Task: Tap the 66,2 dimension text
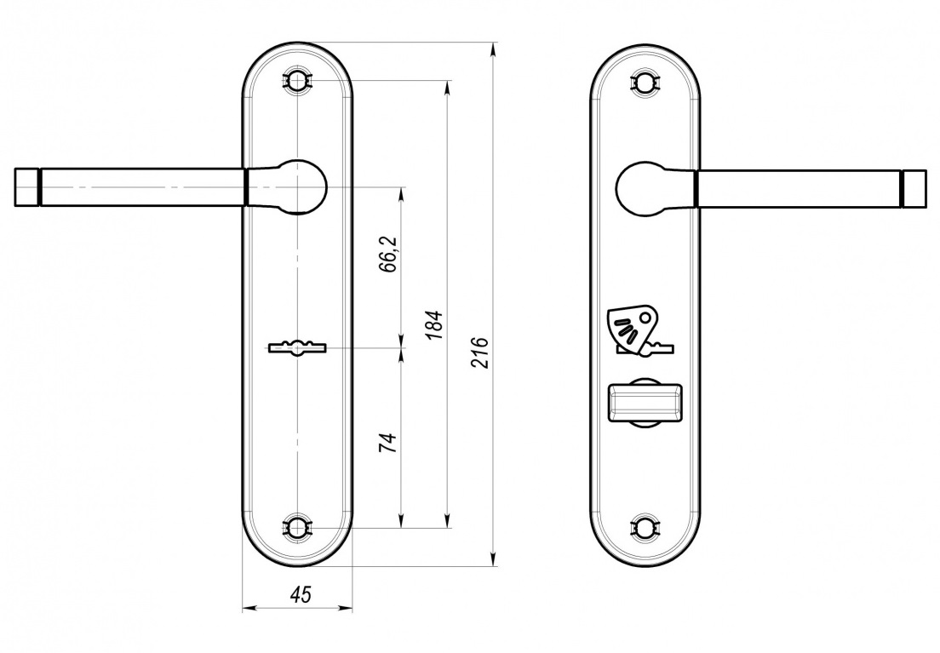click(388, 255)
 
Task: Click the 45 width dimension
click(300, 595)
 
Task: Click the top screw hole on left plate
click(297, 80)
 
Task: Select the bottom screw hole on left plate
click(297, 528)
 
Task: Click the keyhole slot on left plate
click(297, 347)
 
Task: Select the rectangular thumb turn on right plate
click(645, 401)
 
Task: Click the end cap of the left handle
click(26, 187)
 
